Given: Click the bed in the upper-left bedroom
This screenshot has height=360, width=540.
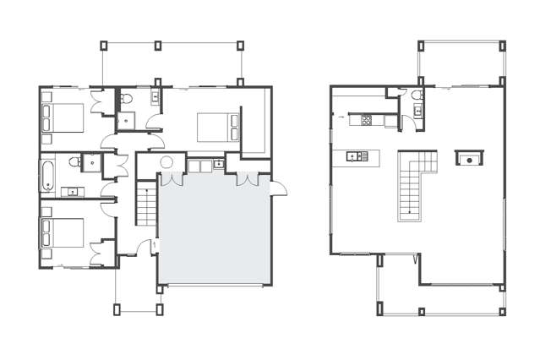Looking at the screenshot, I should click(x=60, y=117).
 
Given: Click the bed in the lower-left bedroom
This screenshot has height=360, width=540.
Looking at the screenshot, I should click(x=61, y=232).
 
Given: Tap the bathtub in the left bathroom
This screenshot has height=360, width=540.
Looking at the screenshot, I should click(x=47, y=175).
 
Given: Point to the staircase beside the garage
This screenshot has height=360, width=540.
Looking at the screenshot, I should click(x=145, y=206).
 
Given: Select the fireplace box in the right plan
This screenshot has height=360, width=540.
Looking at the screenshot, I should click(x=466, y=157).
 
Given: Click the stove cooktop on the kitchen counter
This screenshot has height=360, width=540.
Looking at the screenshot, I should click(x=367, y=120).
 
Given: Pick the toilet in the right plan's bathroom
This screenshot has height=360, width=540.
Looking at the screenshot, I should click(x=418, y=107).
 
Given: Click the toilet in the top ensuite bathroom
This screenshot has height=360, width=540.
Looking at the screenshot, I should click(x=127, y=101).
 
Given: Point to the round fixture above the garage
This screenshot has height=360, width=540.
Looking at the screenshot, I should click(x=165, y=161).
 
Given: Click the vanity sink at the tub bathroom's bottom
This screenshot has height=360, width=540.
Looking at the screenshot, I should click(x=74, y=192).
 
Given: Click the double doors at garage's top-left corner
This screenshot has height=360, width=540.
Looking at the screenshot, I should click(x=172, y=179).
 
